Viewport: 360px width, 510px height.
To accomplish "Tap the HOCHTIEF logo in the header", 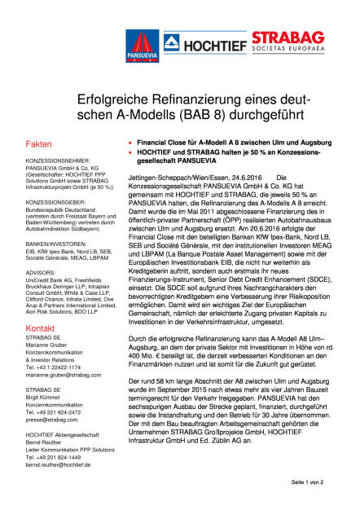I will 208,42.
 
